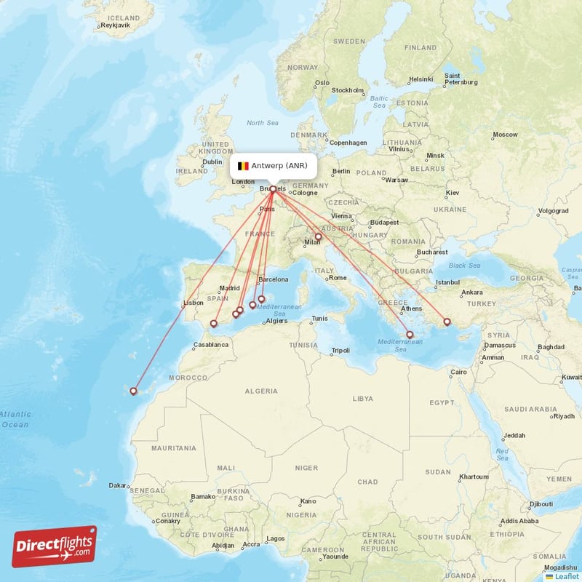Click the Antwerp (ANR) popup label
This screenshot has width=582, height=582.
[274, 166]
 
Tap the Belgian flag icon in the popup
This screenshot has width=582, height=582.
[243, 166]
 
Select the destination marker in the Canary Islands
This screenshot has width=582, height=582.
[133, 391]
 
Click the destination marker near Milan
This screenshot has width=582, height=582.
[318, 236]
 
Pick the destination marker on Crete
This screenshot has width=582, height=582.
[410, 335]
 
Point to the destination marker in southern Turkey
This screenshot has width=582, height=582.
[447, 322]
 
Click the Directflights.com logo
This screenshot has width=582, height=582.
[55, 546]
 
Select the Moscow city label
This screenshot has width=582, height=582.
[505, 135]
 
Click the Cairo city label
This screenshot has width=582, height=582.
[458, 372]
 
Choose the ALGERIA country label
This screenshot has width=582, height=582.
[261, 391]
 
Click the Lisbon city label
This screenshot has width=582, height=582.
[193, 303]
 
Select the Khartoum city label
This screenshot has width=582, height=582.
[474, 477]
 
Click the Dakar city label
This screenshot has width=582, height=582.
[116, 485]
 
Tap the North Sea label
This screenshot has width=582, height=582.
[262, 123]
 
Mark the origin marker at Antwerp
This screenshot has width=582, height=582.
[273, 189]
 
